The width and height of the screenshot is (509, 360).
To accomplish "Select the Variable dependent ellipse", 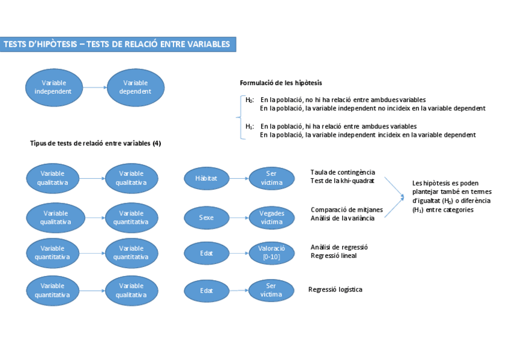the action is pyautogui.click(x=135, y=88).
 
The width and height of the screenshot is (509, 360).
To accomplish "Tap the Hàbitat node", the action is pyautogui.click(x=206, y=178).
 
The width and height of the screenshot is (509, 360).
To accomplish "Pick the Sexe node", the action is pyautogui.click(x=206, y=217).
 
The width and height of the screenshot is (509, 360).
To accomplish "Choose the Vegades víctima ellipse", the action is pyautogui.click(x=271, y=217).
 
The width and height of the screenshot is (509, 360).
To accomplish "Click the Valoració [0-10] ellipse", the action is pyautogui.click(x=271, y=253).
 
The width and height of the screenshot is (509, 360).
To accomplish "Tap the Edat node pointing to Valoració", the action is pyautogui.click(x=206, y=253).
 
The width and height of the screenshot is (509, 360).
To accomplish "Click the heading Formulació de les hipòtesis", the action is pyautogui.click(x=280, y=83).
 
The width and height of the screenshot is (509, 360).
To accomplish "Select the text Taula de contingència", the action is pyautogui.click(x=342, y=172).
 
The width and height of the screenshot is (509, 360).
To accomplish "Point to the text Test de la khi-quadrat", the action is pyautogui.click(x=342, y=181).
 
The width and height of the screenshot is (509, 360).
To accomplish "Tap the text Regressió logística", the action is pyautogui.click(x=335, y=289).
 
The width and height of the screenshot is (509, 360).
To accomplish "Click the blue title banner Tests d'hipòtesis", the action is pyautogui.click(x=118, y=44).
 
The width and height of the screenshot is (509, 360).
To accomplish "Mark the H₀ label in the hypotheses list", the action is pyautogui.click(x=249, y=100).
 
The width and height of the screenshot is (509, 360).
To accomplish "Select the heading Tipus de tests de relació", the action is pyautogui.click(x=95, y=143).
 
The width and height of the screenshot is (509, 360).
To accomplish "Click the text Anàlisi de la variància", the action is pyautogui.click(x=342, y=218).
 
